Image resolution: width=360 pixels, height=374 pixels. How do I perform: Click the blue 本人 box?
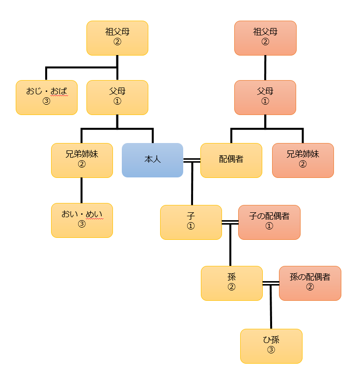tap(152, 160)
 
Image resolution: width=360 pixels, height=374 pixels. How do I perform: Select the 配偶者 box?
tap(231, 160)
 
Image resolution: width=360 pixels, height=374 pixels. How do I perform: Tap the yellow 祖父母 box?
tap(117, 38)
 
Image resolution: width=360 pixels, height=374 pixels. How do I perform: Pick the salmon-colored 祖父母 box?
tap(265, 38)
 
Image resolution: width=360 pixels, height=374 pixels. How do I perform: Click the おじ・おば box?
tap(46, 97)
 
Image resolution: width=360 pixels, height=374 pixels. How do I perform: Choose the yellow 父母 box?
tap(117, 97)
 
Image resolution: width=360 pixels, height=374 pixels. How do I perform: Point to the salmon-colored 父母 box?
tap(265, 97)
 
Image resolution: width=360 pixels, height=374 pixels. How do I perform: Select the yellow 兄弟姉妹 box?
tap(82, 160)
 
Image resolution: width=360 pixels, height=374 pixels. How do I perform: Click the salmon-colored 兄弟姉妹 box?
tap(303, 160)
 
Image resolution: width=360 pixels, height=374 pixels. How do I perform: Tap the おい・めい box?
tap(82, 220)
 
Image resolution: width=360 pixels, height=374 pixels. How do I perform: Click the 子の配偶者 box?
tap(269, 222)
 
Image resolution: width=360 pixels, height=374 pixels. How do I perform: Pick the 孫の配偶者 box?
tap(310, 283)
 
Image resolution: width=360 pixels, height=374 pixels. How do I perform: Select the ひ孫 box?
tap(271, 346)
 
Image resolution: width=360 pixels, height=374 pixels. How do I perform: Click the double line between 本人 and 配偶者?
tap(192, 160)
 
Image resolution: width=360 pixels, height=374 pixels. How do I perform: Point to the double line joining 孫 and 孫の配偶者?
tap(271, 283)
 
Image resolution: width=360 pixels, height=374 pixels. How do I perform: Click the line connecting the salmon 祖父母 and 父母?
tap(265, 68)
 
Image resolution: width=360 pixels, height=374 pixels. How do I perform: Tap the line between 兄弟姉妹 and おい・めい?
tap(82, 190)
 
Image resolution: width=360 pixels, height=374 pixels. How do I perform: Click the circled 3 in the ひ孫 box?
tap(271, 350)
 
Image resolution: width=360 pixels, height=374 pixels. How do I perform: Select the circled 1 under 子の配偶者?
tap(269, 227)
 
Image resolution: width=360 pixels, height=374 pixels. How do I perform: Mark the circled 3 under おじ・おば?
tap(46, 102)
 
